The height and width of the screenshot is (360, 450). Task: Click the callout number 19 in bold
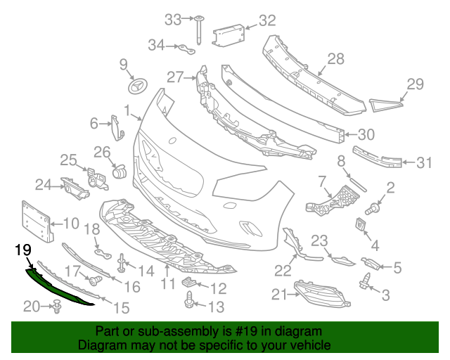(22, 250)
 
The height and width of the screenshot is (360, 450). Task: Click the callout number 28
(336, 59)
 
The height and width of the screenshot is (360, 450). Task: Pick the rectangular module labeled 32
(227, 34)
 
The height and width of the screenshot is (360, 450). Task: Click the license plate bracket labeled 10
(36, 222)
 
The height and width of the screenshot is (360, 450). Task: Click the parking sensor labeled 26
(119, 171)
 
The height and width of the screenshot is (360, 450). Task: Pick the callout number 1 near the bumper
(128, 110)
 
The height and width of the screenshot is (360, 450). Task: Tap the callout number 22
(283, 270)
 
